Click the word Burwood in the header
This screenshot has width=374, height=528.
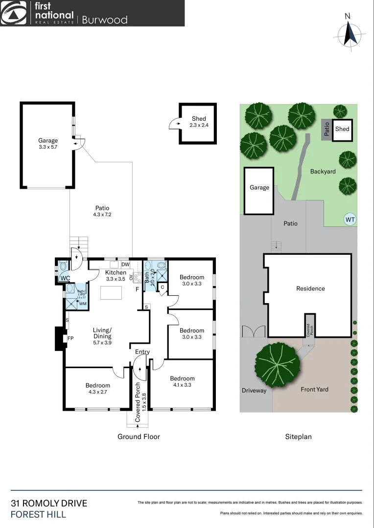click(x=104, y=20)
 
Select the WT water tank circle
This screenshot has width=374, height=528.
click(x=350, y=220)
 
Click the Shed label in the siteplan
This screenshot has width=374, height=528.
click(x=342, y=129)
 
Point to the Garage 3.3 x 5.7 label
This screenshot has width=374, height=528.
click(x=48, y=144)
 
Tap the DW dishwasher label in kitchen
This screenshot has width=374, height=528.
click(x=125, y=264)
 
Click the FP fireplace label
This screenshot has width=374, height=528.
click(x=70, y=338)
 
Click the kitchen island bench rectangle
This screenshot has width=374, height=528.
click(x=111, y=293)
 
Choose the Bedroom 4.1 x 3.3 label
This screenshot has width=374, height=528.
click(x=182, y=381)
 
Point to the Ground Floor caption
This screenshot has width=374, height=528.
click(x=139, y=437)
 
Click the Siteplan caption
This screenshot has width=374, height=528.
click(x=298, y=437)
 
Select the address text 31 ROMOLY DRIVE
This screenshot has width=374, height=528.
click(x=49, y=503)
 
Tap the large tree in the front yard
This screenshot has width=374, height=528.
click(x=278, y=365)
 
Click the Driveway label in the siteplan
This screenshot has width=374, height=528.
click(x=254, y=390)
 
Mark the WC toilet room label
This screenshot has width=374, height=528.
click(x=65, y=278)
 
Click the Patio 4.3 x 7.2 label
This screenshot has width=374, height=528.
click(x=103, y=211)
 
